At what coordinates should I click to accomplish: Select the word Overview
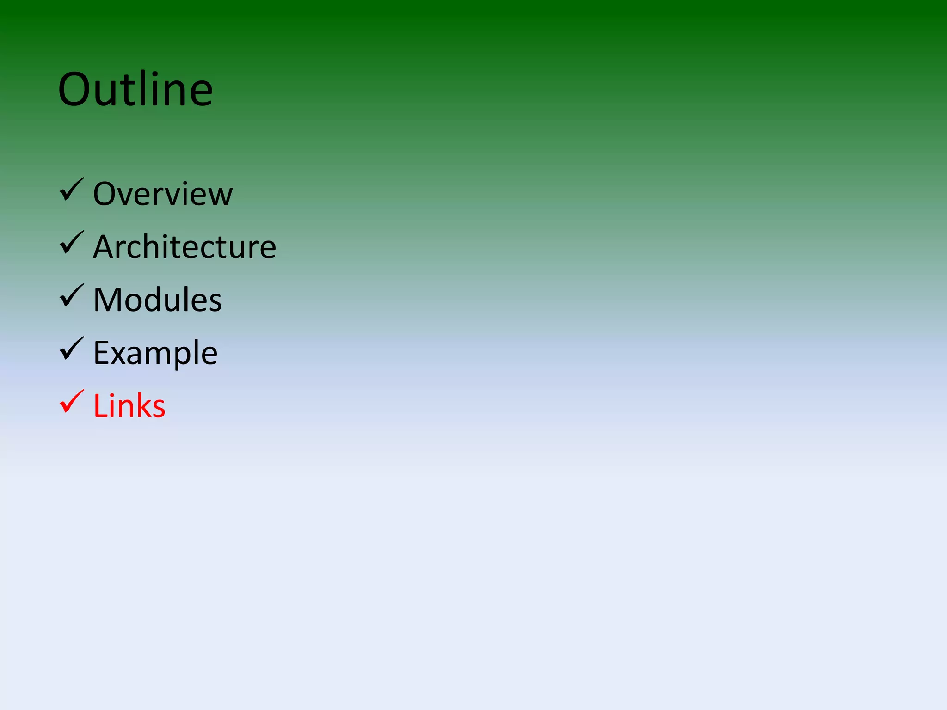(x=163, y=194)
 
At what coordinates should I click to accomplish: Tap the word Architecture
(x=184, y=247)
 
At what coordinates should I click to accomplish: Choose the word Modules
(x=157, y=300)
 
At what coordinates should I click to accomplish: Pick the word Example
(x=155, y=353)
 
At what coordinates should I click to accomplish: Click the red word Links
(x=129, y=406)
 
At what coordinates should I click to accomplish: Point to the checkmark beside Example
(x=72, y=349)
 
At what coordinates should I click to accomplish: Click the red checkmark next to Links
(x=72, y=402)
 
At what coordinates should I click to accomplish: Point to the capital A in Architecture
(x=104, y=247)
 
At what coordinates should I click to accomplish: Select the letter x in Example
(x=123, y=354)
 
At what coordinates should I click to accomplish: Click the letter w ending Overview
(x=220, y=195)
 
